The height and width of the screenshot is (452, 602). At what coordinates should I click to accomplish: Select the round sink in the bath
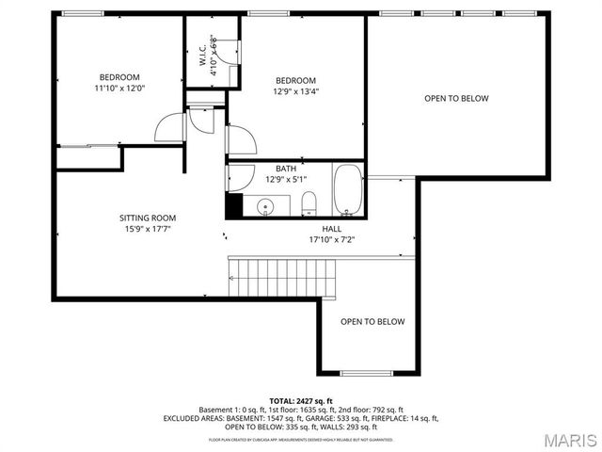(x=266, y=206)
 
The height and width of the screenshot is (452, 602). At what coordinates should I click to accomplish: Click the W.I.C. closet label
(x=203, y=54)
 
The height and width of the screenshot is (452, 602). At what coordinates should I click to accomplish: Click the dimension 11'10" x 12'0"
(x=119, y=89)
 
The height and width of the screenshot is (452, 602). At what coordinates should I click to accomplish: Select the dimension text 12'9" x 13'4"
(x=295, y=92)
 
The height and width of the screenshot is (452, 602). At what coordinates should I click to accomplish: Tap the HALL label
(x=332, y=228)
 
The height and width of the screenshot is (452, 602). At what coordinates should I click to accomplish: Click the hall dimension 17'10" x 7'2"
(x=332, y=239)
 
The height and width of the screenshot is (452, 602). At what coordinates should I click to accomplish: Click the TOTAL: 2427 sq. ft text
(x=301, y=401)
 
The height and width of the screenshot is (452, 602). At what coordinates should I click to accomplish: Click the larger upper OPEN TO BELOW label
(x=456, y=99)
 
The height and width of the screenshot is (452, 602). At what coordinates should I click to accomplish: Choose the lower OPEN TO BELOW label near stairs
(x=372, y=322)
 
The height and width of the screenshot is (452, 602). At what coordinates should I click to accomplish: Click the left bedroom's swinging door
(x=172, y=127)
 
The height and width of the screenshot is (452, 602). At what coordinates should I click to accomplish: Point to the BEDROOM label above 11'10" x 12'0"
(x=119, y=77)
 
